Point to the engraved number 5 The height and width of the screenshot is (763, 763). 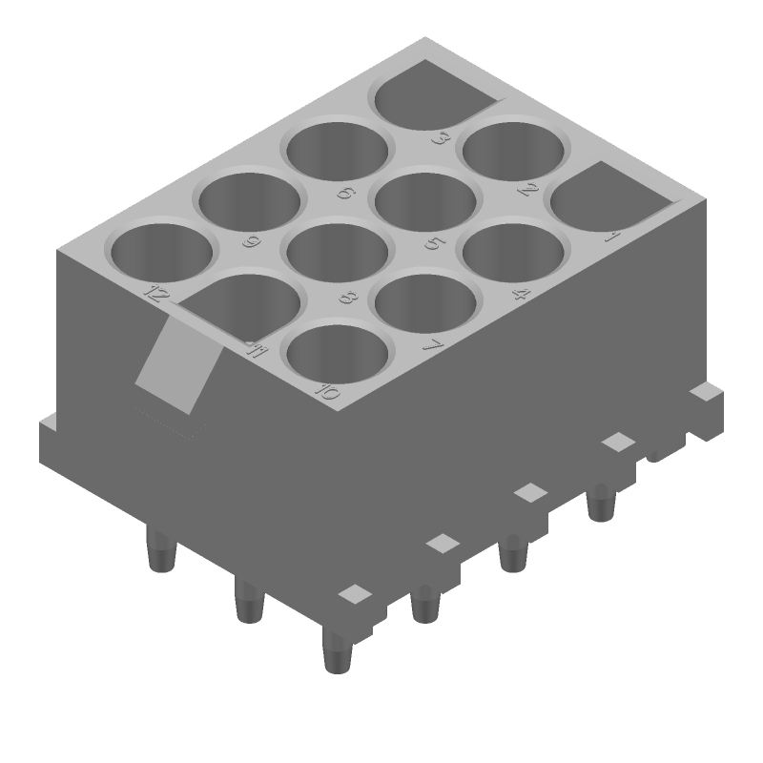click(432, 242)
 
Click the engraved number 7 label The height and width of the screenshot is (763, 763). click(430, 345)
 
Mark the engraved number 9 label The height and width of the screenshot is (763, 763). click(251, 241)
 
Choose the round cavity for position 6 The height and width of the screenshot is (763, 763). click(339, 153)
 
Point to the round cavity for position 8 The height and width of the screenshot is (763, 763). click(338, 254)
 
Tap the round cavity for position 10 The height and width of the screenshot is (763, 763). click(338, 354)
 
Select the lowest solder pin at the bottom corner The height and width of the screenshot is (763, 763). click(337, 652)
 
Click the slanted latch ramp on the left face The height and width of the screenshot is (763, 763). click(175, 367)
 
